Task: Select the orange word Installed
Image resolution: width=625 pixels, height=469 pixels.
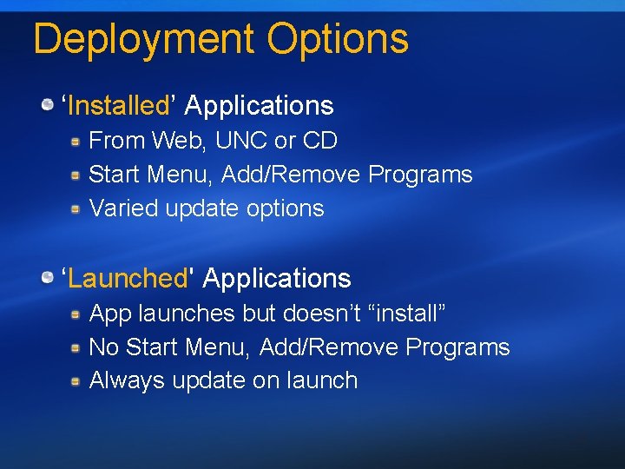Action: click(x=118, y=106)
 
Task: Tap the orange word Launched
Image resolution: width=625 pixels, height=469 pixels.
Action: click(x=128, y=279)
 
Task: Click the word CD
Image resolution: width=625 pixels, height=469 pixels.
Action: click(x=321, y=141)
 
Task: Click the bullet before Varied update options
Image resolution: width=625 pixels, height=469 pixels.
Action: click(x=76, y=208)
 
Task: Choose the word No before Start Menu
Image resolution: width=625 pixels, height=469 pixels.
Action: click(x=104, y=347)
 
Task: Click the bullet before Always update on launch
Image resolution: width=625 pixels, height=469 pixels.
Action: click(x=76, y=380)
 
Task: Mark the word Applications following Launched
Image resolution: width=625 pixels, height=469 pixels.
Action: click(x=277, y=279)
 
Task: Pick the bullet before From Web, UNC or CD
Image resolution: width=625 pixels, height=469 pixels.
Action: click(x=76, y=141)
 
